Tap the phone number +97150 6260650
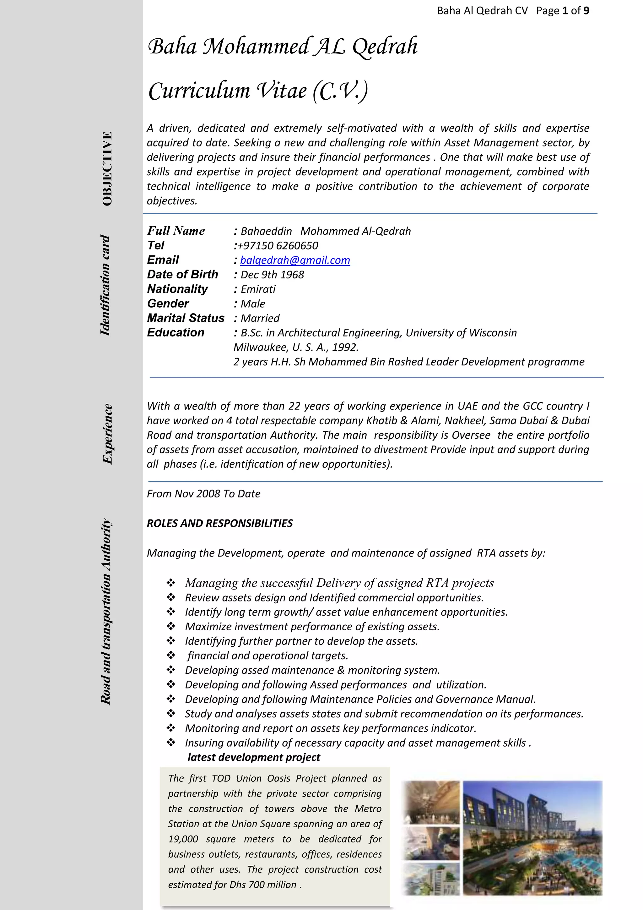[277, 245]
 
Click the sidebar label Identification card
[105, 285]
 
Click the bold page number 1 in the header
[565, 11]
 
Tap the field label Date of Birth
[182, 274]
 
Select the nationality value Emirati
[258, 289]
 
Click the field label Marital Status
[186, 318]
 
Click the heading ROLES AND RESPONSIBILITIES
[220, 523]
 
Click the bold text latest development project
[253, 757]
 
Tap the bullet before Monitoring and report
[171, 728]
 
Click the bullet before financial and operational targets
[171, 655]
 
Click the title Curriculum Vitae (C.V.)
[258, 91]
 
